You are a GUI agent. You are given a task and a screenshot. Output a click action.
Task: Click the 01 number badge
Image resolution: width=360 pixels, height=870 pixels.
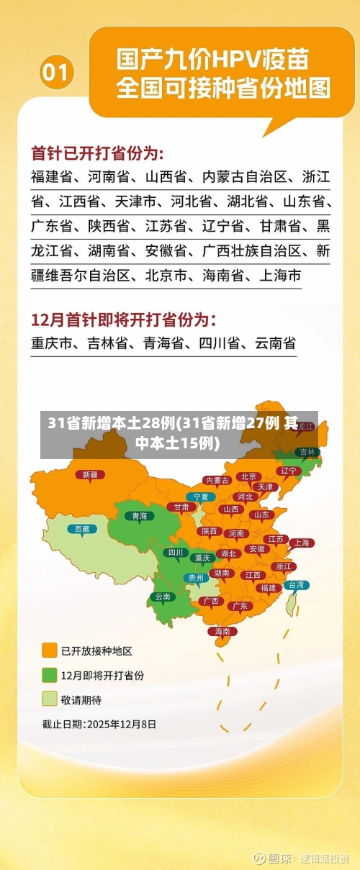(57, 72)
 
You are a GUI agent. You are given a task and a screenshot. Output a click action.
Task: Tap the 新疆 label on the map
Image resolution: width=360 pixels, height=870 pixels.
(90, 474)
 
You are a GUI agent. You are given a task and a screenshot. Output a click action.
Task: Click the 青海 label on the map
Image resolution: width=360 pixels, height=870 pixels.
(139, 515)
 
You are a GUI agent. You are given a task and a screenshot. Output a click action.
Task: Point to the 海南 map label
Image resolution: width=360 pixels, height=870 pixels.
(222, 631)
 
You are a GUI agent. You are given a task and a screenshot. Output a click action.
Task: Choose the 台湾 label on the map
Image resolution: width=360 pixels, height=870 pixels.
(296, 585)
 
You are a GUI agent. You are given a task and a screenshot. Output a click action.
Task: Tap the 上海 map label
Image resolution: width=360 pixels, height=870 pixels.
(302, 543)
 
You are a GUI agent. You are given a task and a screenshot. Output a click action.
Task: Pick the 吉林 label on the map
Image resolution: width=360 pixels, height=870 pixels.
(307, 452)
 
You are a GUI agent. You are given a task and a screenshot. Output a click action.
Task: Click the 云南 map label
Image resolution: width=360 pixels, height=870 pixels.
(163, 596)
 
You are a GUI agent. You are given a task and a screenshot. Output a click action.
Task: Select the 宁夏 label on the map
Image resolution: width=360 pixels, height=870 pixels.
(201, 497)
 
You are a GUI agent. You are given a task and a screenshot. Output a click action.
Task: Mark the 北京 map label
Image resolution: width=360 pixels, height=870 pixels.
(249, 476)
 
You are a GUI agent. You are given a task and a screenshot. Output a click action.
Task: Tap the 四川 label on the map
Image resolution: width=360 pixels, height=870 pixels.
(175, 553)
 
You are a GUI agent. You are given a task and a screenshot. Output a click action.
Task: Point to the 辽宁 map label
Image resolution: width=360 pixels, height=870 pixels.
(289, 471)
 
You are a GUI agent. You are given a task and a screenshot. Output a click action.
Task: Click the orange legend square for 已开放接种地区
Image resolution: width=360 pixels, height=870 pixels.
(50, 651)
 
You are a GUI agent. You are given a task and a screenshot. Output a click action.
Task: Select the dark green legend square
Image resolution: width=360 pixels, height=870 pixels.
(50, 675)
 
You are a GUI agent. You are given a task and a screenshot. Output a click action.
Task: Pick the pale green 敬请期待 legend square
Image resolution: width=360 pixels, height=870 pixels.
(50, 699)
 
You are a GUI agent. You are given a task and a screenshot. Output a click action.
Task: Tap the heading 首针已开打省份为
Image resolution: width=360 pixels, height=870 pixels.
(97, 153)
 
